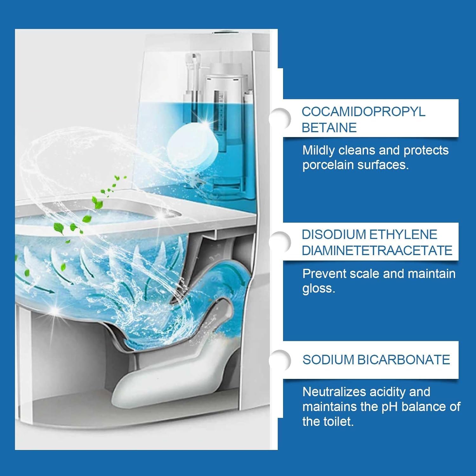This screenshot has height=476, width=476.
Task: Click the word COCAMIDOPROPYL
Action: coord(363,112)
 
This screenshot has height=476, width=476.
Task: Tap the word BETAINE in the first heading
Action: coord(329,128)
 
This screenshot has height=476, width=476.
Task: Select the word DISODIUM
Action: coord(334,235)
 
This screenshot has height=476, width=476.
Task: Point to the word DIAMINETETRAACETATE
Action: coord(377,250)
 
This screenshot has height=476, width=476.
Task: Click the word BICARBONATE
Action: coord(404,360)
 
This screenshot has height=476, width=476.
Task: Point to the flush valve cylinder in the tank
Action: coord(227,127)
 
